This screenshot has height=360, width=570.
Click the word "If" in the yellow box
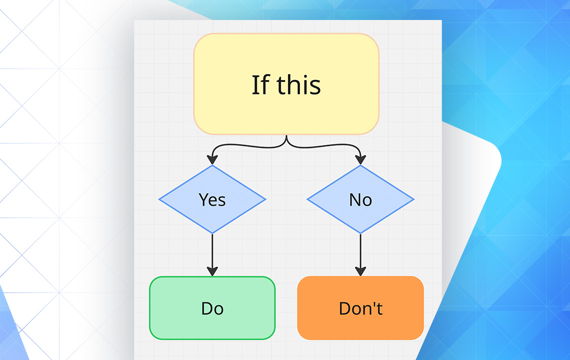tap(259, 84)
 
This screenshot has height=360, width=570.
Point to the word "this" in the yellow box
tap(299, 84)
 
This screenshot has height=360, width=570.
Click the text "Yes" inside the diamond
tap(212, 199)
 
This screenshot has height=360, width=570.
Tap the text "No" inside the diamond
tap(360, 199)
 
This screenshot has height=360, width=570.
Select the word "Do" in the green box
tap(212, 308)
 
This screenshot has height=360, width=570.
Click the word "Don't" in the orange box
tap(360, 308)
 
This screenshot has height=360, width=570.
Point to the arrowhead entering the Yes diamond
tap(212, 159)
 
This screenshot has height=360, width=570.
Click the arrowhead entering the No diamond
tap(360, 159)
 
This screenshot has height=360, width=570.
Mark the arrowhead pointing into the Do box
tap(212, 270)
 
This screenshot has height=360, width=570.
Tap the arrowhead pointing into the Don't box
tap(360, 270)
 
